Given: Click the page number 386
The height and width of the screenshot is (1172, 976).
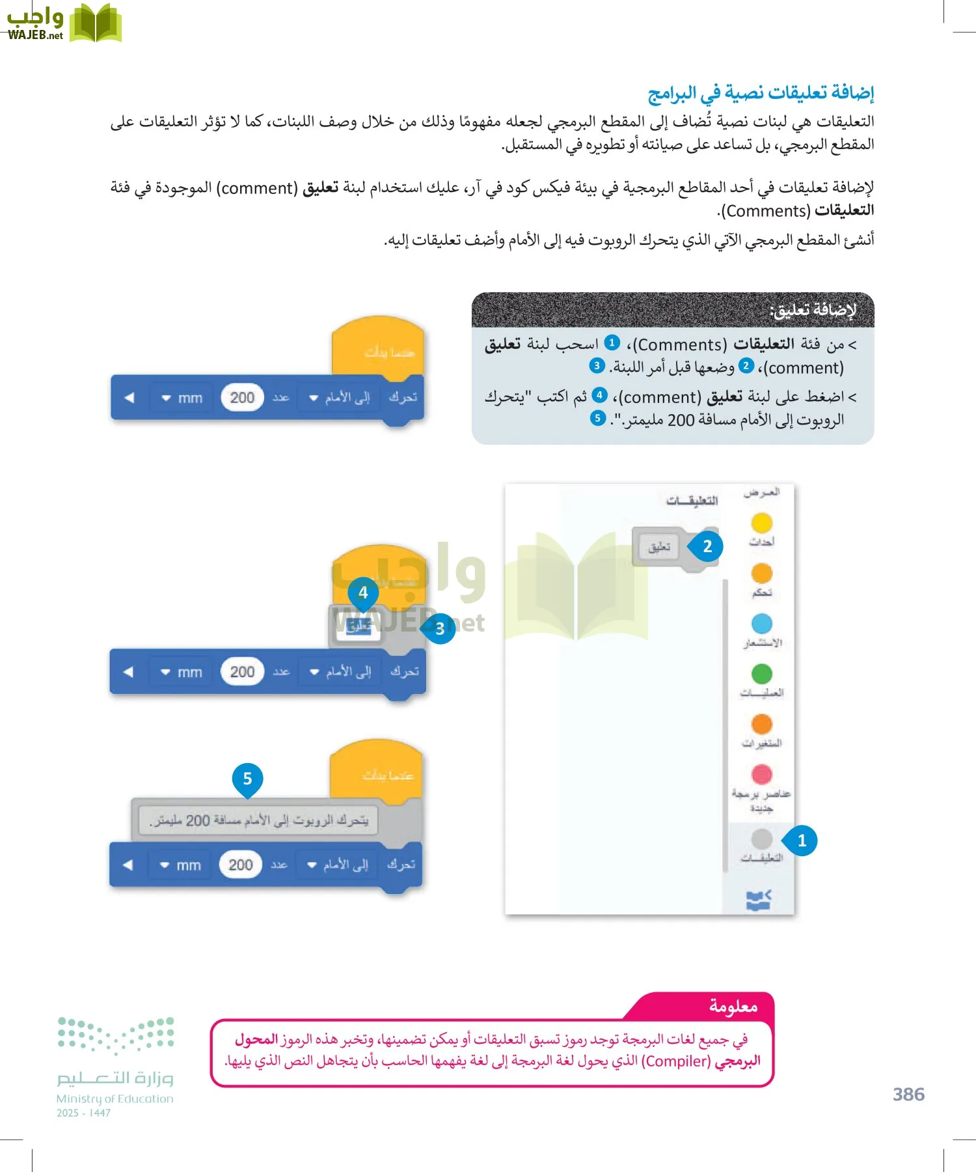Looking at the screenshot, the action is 908,1095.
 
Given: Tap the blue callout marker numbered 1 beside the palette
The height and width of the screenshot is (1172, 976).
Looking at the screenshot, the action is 802,841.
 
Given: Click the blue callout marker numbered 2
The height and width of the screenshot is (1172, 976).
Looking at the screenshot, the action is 707,546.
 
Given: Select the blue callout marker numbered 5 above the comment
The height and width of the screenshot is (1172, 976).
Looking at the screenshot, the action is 247,779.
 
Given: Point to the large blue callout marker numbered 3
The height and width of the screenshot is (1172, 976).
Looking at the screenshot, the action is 440,628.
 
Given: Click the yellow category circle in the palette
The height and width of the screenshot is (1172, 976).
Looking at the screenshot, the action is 761,522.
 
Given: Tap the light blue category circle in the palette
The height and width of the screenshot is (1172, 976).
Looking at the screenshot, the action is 761,623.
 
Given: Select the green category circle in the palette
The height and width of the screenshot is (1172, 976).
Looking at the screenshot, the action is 761,673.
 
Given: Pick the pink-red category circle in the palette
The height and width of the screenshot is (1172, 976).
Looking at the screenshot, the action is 761,774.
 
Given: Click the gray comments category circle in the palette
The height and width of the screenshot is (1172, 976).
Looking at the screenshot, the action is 761,839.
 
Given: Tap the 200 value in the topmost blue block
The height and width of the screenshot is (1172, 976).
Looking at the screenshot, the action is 242,397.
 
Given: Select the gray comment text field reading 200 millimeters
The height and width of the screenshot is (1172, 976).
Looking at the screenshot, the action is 258,820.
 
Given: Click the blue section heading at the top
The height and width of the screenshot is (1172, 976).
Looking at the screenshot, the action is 761,93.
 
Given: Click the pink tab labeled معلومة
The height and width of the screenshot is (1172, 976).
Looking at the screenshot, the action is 733,1007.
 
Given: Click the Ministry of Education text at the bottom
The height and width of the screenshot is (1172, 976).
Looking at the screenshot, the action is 115,1099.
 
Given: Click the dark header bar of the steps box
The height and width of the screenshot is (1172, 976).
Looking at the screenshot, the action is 672,310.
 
